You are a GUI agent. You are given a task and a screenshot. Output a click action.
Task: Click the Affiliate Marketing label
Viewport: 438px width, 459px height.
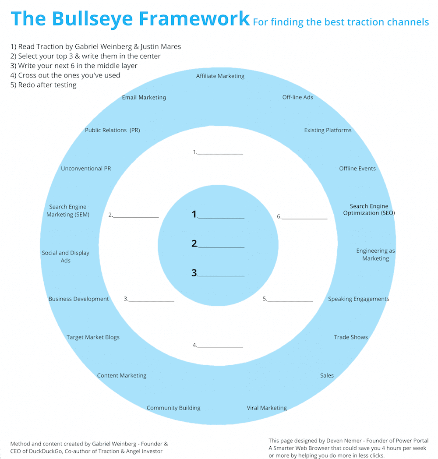tap(220, 76)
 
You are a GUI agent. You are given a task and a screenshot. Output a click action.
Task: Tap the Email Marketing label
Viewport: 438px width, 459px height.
tap(144, 98)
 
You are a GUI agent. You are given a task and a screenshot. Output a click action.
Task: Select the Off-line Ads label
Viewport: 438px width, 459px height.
tap(297, 97)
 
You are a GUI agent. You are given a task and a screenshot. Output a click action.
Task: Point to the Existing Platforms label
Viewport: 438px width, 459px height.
tap(328, 131)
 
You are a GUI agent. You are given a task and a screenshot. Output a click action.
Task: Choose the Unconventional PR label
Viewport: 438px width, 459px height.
tap(86, 169)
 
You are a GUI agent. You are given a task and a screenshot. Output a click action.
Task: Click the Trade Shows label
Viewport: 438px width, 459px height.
tap(350, 337)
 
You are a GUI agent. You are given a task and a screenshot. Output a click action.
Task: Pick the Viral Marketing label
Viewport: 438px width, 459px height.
tap(266, 408)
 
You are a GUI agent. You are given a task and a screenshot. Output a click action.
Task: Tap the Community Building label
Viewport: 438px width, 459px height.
tap(173, 408)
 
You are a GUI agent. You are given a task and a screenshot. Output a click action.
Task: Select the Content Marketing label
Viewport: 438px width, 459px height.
tap(122, 376)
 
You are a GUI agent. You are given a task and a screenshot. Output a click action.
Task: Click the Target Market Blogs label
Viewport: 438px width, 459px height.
tap(93, 337)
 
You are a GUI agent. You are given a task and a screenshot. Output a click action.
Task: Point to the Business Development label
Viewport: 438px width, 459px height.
tap(78, 299)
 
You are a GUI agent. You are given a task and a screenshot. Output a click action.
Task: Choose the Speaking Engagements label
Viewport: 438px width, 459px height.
tap(358, 299)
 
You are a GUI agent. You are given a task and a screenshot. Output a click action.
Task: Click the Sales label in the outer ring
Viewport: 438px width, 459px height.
tap(327, 376)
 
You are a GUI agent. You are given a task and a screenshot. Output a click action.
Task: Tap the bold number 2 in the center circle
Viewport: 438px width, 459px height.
tap(194, 244)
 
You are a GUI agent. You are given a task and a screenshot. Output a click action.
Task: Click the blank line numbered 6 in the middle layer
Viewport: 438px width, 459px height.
tap(304, 217)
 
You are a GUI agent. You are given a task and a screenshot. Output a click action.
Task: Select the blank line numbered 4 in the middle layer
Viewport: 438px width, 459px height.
tap(220, 346)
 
